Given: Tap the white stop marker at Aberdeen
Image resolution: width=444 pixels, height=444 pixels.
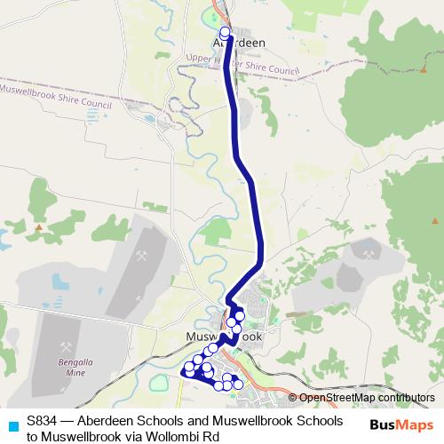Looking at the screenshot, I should [x=225, y=32].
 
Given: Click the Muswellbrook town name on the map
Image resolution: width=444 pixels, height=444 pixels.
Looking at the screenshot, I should [x=225, y=338].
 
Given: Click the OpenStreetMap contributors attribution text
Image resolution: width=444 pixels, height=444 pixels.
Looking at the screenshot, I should [x=368, y=398].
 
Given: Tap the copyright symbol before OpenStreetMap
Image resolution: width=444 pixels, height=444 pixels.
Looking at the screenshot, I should [x=293, y=398].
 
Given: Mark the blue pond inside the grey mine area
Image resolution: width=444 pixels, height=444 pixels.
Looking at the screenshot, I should [x=59, y=282].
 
